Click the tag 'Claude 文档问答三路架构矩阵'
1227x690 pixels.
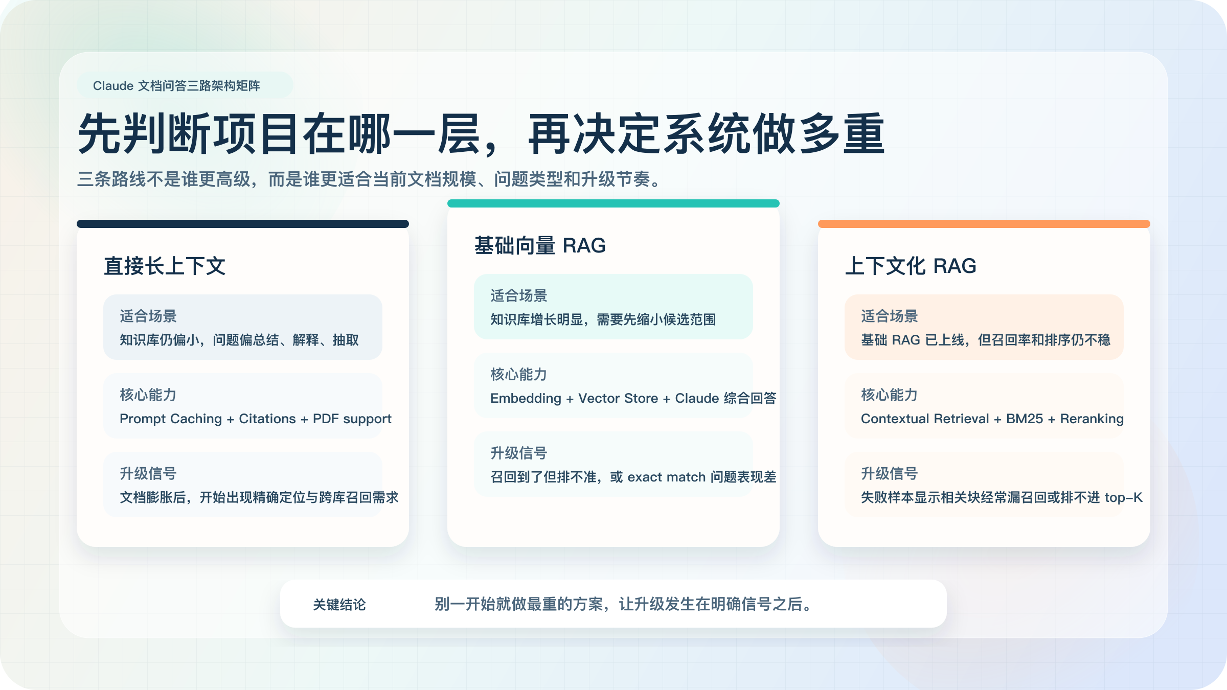(176, 85)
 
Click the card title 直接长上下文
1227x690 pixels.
(165, 266)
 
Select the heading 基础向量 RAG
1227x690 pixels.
(540, 245)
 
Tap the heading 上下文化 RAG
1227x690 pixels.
(911, 266)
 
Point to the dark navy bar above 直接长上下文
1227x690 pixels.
(243, 224)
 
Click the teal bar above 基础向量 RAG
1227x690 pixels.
(613, 203)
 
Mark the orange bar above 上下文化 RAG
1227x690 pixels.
(984, 224)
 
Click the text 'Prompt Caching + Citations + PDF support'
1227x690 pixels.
(256, 419)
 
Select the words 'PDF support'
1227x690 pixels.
(352, 419)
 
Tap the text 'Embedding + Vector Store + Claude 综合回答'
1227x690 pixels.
(633, 398)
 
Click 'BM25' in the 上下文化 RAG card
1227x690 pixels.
(1025, 419)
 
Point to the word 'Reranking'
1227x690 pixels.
(1092, 419)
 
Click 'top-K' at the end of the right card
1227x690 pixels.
(1123, 497)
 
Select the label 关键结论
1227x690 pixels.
(339, 605)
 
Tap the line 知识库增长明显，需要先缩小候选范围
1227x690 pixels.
(603, 319)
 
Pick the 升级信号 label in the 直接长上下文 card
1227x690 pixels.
(148, 473)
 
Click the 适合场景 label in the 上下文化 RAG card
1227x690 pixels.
(890, 316)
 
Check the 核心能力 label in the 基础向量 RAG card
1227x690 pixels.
(519, 374)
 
